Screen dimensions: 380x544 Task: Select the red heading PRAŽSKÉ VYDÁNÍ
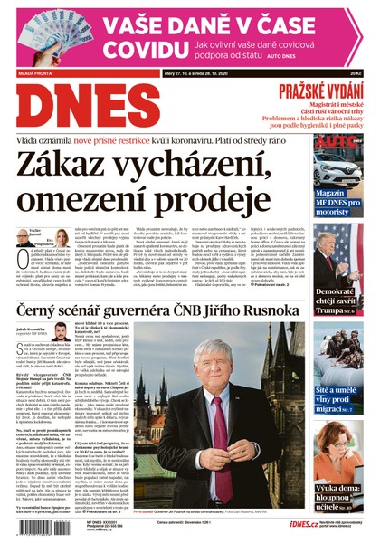tap(320, 90)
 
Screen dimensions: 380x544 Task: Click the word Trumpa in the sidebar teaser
tap(331, 312)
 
